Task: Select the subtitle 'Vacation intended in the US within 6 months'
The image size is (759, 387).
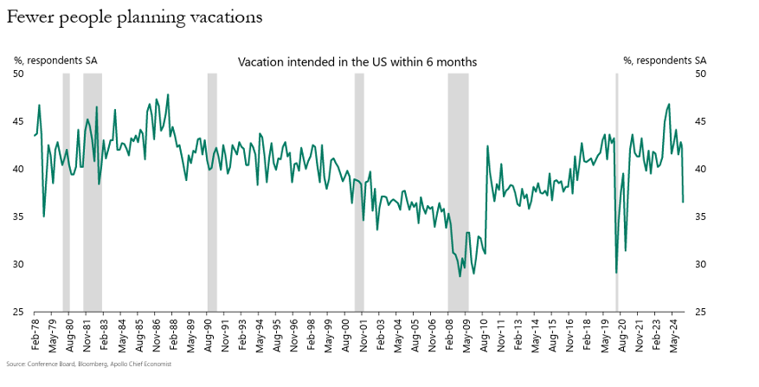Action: click(357, 62)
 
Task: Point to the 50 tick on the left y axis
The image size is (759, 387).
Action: click(19, 74)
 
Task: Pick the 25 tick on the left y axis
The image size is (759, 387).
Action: click(19, 312)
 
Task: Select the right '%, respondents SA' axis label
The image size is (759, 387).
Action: click(665, 61)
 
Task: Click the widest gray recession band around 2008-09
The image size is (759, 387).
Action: click(458, 190)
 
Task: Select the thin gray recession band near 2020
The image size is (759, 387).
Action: click(616, 190)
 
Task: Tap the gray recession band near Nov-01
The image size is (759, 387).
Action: click(359, 190)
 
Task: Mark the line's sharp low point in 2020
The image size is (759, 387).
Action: click(616, 273)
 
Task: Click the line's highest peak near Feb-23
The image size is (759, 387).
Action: click(669, 104)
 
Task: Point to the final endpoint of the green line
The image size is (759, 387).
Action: click(683, 203)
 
